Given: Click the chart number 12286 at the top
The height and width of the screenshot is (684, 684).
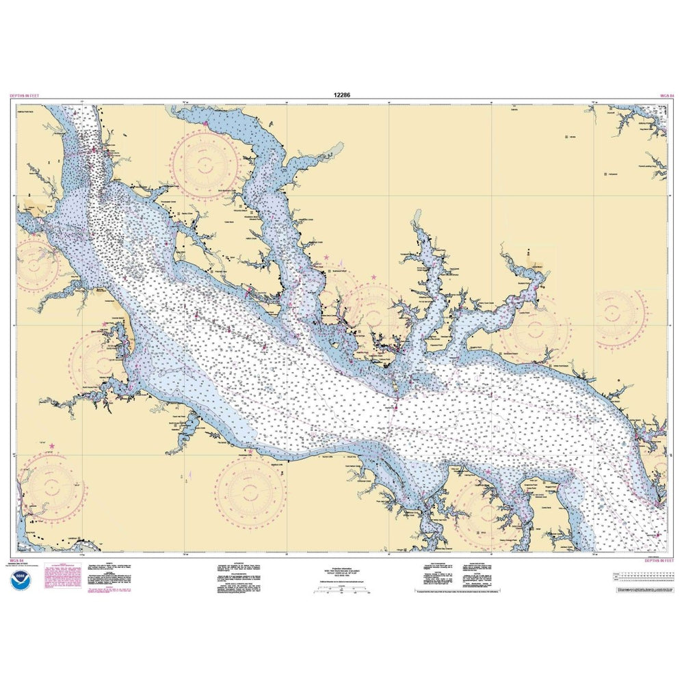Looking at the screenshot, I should [341, 97].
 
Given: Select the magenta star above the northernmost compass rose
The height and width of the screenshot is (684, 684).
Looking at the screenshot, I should [205, 123].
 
